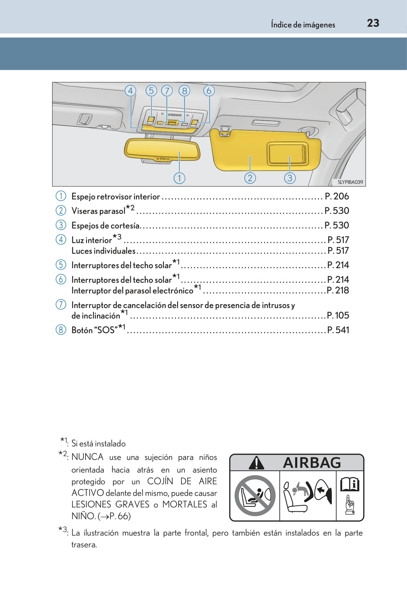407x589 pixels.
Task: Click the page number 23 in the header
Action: pos(373,23)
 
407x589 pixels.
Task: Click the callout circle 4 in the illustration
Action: pos(130,91)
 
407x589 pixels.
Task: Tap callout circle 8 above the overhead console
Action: pos(184,91)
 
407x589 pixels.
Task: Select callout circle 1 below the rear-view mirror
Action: pos(179,178)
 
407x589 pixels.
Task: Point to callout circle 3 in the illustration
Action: pos(290,178)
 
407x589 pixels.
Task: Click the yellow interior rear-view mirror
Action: pos(162,150)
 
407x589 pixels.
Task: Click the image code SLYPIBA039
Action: pos(350,182)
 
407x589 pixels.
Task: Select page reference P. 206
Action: pos(337,196)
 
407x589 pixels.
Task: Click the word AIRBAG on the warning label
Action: pos(312,463)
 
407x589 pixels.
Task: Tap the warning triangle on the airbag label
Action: pos(256,463)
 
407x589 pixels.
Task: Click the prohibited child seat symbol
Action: pos(254,495)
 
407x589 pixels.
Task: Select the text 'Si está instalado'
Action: pos(98,443)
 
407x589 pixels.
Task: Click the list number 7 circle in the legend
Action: pos(61,304)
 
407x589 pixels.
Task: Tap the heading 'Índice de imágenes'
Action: pos(303,25)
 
